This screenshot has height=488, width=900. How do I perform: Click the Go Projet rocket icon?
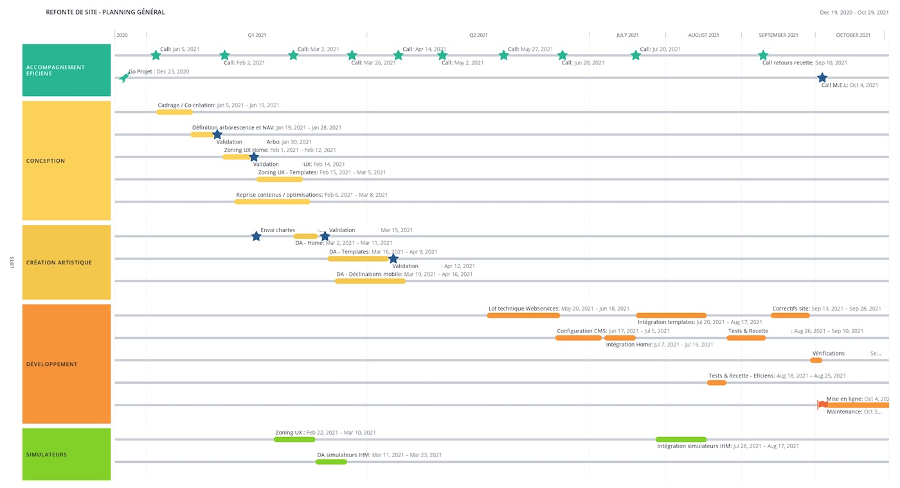point(124,78)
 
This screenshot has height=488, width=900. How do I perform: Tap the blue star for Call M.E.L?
point(822,78)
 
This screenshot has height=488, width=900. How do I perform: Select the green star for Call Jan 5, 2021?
point(156,55)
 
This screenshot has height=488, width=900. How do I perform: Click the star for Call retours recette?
point(763,55)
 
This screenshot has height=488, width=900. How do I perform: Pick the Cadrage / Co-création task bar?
point(174,112)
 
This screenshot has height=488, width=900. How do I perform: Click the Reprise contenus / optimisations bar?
point(272,202)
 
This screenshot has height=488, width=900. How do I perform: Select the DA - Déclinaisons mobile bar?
point(370,281)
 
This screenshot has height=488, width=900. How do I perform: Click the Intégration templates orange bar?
point(671,315)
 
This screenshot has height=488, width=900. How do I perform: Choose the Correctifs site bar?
point(790,315)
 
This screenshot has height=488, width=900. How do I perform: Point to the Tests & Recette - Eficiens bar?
point(716,383)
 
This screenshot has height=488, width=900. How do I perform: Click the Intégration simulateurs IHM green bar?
point(681,439)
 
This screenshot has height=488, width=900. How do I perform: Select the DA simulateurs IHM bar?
point(331,462)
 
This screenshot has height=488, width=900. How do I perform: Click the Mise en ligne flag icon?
point(822,404)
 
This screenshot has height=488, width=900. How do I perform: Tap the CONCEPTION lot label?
point(46,161)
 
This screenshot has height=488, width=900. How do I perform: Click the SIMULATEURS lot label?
point(46,455)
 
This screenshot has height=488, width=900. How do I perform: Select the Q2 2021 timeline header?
point(478,35)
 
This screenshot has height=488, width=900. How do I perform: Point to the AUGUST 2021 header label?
point(703,35)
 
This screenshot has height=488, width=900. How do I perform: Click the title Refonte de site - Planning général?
point(105,12)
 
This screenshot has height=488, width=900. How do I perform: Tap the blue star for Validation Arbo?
point(217,134)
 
